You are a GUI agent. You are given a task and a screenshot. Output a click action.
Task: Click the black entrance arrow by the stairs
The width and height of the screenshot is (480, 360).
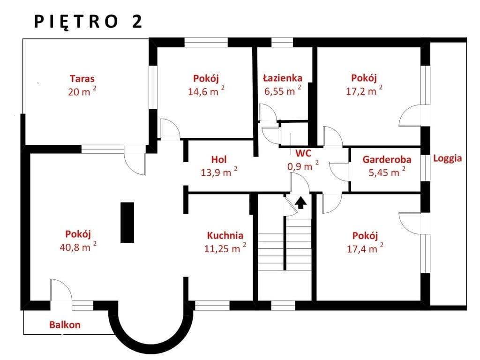(300, 202)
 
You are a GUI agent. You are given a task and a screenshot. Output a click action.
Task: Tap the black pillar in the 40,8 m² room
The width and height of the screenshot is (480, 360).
(127, 222)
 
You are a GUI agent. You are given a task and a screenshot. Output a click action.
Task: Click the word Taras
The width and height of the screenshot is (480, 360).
(82, 79)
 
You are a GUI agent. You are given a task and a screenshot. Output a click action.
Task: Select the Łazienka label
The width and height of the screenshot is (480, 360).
(283, 78)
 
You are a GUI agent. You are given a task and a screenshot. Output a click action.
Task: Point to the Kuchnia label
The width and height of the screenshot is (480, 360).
(225, 235)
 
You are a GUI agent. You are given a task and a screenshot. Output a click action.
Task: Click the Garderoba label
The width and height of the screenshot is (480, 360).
(387, 159)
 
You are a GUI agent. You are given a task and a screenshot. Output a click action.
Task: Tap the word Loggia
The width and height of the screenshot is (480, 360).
(447, 158)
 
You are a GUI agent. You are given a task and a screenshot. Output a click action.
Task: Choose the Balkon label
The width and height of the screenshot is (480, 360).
(65, 324)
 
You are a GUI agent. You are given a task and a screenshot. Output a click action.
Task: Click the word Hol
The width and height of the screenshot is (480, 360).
(219, 159)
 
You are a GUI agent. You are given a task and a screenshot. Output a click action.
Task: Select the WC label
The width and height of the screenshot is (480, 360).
(303, 153)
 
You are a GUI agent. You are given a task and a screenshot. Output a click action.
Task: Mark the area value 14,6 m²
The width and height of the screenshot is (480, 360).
(206, 90)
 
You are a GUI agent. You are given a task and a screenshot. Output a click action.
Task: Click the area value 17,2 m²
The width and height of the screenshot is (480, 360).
(364, 90)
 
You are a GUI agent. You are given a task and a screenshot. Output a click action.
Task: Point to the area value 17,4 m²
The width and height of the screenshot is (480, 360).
(365, 248)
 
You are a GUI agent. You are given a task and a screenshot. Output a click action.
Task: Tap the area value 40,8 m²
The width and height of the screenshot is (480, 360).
(78, 247)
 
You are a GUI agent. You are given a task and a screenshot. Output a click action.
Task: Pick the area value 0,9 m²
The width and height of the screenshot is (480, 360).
(303, 165)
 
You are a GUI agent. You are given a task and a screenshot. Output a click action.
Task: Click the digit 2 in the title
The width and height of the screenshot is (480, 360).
(137, 22)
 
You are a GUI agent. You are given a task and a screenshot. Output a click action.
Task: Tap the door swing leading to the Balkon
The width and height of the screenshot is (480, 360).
(61, 290)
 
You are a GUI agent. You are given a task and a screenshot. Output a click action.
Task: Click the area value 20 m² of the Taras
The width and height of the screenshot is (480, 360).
(82, 91)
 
